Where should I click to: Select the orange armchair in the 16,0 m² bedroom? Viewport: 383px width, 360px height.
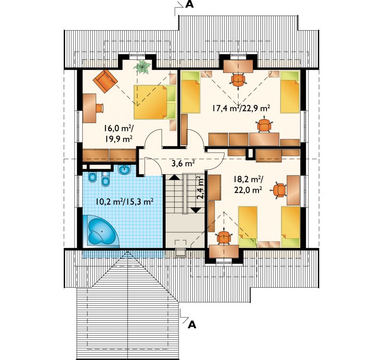[x=105, y=81]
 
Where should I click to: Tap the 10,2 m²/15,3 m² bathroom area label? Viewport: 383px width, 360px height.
[x=124, y=202]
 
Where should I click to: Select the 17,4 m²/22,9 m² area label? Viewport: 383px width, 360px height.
[x=241, y=108]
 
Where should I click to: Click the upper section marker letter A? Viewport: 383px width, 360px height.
[x=189, y=4]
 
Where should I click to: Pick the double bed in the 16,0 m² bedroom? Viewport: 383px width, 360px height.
[x=155, y=102]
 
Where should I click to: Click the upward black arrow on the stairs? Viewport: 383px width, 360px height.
[x=174, y=177]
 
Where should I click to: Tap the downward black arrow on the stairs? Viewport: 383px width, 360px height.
[x=196, y=210]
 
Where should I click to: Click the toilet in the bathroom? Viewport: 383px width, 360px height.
[x=106, y=179]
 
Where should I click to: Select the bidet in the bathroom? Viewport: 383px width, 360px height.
[x=92, y=178]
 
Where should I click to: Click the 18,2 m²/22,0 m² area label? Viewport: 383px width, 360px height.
[x=248, y=184]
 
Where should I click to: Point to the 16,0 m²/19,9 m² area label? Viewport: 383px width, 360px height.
[x=119, y=133]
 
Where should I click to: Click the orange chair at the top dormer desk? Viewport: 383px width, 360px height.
[x=238, y=80]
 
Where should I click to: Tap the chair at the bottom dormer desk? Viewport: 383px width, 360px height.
[x=224, y=237]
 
